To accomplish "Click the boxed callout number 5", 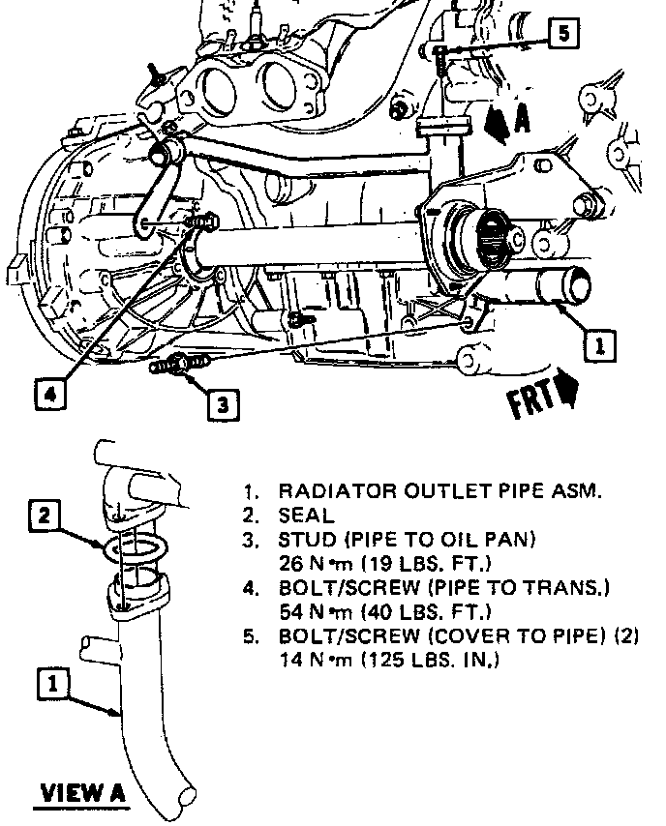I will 564,34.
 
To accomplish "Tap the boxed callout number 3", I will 223,403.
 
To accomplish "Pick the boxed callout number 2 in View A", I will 44,516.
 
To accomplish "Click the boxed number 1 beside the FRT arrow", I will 599,343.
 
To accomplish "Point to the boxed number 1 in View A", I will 52,684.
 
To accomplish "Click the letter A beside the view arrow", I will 522,119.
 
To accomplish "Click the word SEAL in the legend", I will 306,516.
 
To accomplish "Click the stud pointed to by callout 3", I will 178,365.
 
